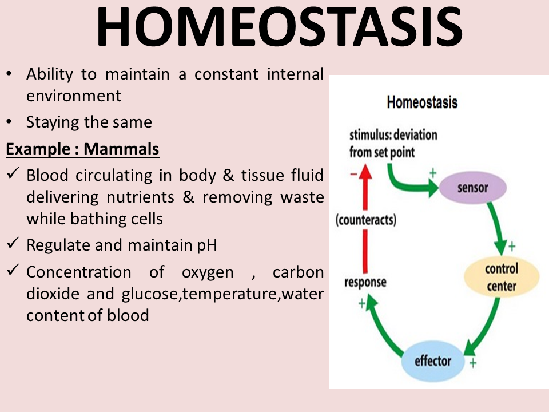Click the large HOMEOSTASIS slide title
[x=279, y=27]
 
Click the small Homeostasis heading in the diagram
[x=422, y=103]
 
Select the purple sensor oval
[x=472, y=187]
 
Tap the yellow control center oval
[x=501, y=277]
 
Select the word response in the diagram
[x=365, y=282]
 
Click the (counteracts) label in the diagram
[x=366, y=220]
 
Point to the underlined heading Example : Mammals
[x=82, y=149]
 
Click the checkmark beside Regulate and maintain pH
[x=13, y=244]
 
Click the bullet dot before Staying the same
[x=9, y=123]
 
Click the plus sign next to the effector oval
[x=473, y=363]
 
